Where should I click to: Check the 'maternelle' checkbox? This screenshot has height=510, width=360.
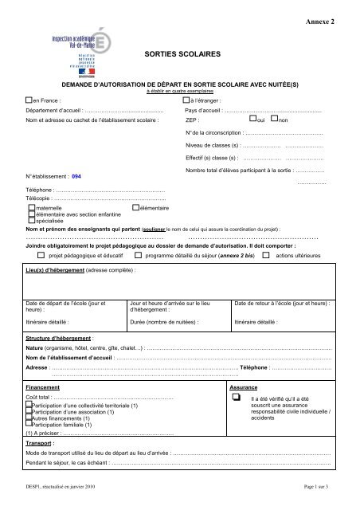tap(30, 207)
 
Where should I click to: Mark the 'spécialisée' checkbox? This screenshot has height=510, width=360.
tap(30, 220)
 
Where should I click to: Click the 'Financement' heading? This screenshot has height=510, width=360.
tap(43, 386)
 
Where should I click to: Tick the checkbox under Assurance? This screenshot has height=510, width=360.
tap(235, 398)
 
